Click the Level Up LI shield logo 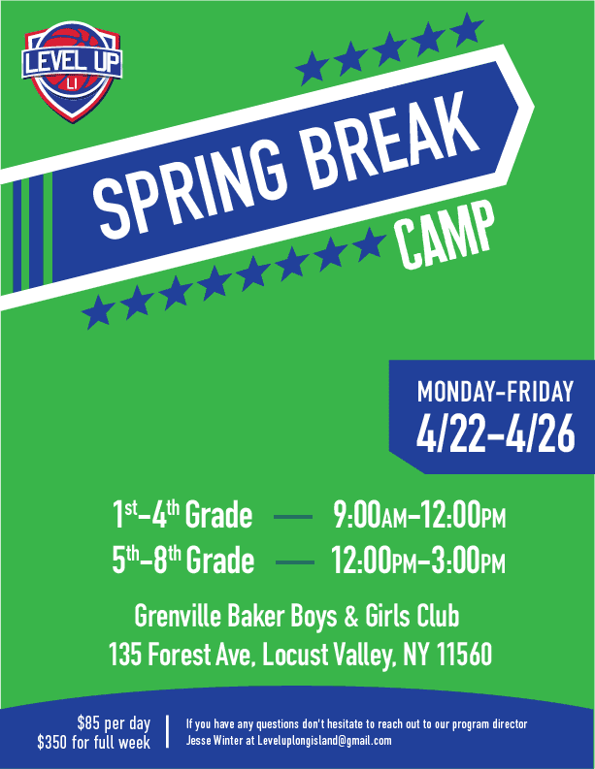(x=72, y=71)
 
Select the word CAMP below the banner (x=445, y=236)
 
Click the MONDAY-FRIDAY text (x=495, y=392)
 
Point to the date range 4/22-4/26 (x=495, y=434)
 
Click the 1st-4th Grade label (x=182, y=515)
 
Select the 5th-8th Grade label (x=183, y=560)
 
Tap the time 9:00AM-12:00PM (x=419, y=516)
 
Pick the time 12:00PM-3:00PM (x=418, y=561)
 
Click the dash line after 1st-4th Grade (x=293, y=517)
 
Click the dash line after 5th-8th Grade (x=295, y=562)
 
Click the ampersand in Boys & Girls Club (x=351, y=617)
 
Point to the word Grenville (x=178, y=616)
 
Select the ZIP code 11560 (x=464, y=655)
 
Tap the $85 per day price (x=114, y=723)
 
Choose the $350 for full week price (x=94, y=742)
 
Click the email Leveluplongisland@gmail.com (x=324, y=741)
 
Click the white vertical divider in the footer (x=167, y=732)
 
